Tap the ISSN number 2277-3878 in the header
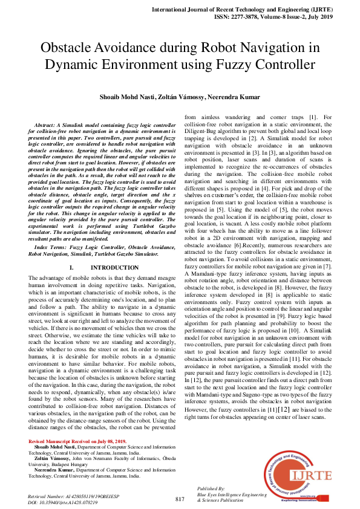pos(250,18)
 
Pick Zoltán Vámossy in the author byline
pos(179,96)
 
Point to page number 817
pos(180,499)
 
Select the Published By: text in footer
pos(211,488)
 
